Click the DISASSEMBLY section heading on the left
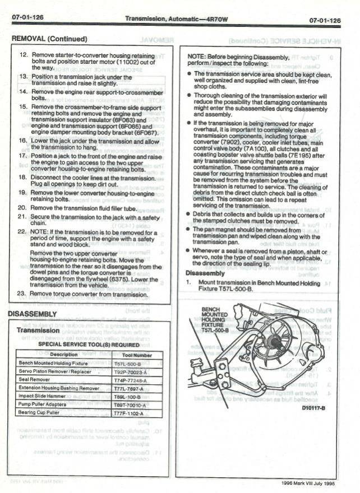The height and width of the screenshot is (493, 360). click(32, 314)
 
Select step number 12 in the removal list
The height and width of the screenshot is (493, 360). click(23, 56)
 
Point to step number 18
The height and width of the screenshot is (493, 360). click(23, 177)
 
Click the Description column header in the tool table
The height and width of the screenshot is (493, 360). click(63, 355)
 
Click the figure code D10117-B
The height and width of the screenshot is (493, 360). click(314, 408)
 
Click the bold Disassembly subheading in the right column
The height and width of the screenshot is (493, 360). click(205, 273)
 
